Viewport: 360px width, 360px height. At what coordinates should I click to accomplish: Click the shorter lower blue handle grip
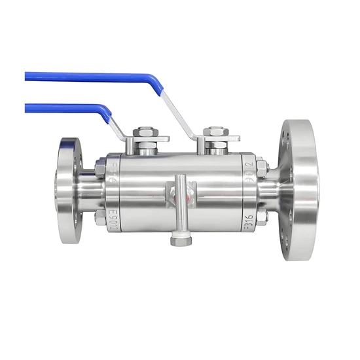click(62, 108)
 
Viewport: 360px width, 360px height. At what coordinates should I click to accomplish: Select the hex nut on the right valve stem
click(217, 132)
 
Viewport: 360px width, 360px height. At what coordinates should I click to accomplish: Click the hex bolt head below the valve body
click(181, 241)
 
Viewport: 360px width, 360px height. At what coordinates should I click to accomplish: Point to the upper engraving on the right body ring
click(249, 172)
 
